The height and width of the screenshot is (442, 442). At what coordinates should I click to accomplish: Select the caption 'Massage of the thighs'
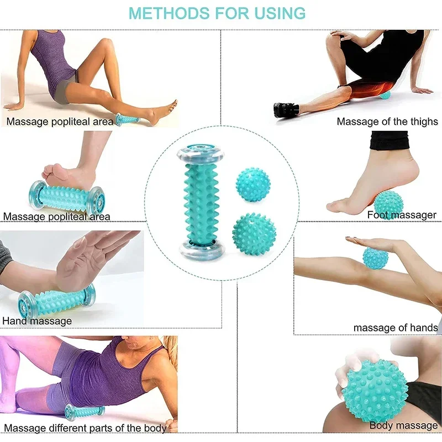pyautogui.click(x=387, y=121)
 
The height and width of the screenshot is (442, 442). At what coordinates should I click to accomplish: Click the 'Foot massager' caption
pyautogui.click(x=402, y=215)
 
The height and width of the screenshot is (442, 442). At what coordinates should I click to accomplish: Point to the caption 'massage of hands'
pyautogui.click(x=395, y=328)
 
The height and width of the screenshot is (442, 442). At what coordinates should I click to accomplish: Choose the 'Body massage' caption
pyautogui.click(x=403, y=425)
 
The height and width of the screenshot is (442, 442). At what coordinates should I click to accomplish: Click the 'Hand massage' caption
pyautogui.click(x=37, y=320)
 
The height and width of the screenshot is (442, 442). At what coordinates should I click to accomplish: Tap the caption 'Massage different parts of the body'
pyautogui.click(x=86, y=428)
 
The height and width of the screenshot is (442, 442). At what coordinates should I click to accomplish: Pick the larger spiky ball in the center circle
pyautogui.click(x=254, y=234)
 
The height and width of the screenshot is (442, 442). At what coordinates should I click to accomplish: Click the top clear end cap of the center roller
pyautogui.click(x=197, y=156)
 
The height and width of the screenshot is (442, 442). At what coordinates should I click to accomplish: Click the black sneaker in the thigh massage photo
pyautogui.click(x=286, y=109)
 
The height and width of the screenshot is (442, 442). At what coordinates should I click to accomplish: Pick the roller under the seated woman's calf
pyautogui.click(x=128, y=119)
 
